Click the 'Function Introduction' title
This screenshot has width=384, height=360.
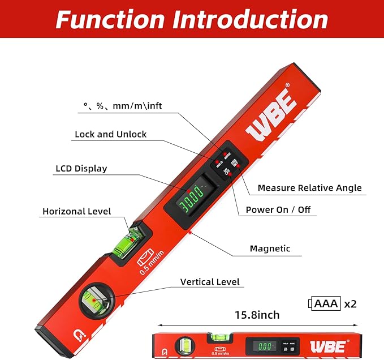pyautogui.click(x=192, y=20)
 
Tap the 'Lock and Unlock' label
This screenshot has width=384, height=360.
pyautogui.click(x=110, y=134)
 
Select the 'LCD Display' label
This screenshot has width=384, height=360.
pyautogui.click(x=81, y=168)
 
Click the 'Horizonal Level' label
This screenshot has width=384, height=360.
pyautogui.click(x=76, y=211)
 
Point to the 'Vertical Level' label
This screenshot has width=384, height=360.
pyautogui.click(x=210, y=281)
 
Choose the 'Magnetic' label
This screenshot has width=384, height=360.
pyautogui.click(x=270, y=248)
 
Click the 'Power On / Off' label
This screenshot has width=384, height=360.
pyautogui.click(x=278, y=209)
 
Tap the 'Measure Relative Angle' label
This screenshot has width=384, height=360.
pyautogui.click(x=309, y=187)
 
